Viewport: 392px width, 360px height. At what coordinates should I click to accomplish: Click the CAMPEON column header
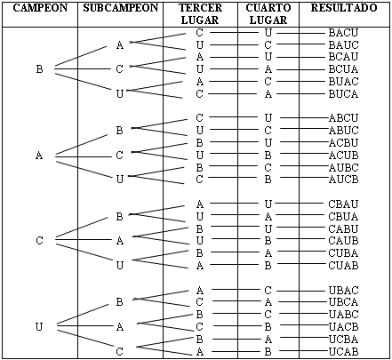pyautogui.click(x=40, y=8)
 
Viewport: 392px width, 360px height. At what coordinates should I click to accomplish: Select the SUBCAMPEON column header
pyautogui.click(x=121, y=8)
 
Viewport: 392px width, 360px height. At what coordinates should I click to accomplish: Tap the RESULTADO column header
pyautogui.click(x=344, y=8)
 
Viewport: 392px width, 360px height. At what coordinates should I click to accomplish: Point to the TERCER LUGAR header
pyautogui.click(x=200, y=14)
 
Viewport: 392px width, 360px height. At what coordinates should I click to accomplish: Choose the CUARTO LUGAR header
pyautogui.click(x=268, y=14)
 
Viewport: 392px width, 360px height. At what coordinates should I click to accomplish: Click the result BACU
pyautogui.click(x=343, y=32)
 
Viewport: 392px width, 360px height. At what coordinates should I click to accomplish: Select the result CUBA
pyautogui.click(x=343, y=253)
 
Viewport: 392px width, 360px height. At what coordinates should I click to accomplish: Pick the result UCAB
pyautogui.click(x=344, y=352)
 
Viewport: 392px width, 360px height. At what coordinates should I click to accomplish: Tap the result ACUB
pyautogui.click(x=344, y=155)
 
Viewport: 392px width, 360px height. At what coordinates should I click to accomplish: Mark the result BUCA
pyautogui.click(x=343, y=94)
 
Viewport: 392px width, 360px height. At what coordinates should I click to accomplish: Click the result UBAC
pyautogui.click(x=344, y=290)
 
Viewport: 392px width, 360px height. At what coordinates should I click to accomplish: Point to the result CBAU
pyautogui.click(x=343, y=204)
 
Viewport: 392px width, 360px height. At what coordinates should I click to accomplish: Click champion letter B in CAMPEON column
pyautogui.click(x=39, y=69)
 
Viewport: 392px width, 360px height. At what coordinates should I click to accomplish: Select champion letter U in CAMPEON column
pyautogui.click(x=39, y=327)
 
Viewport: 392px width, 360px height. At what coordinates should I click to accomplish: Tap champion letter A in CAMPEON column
pyautogui.click(x=39, y=156)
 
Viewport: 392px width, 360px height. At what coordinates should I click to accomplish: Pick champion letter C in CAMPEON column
pyautogui.click(x=39, y=240)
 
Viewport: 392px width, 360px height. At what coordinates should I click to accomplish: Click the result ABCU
pyautogui.click(x=344, y=118)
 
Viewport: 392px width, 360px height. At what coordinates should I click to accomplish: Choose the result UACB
pyautogui.click(x=344, y=326)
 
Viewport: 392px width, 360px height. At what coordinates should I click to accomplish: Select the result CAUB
pyautogui.click(x=343, y=241)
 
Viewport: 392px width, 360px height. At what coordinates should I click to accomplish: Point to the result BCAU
pyautogui.click(x=343, y=56)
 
